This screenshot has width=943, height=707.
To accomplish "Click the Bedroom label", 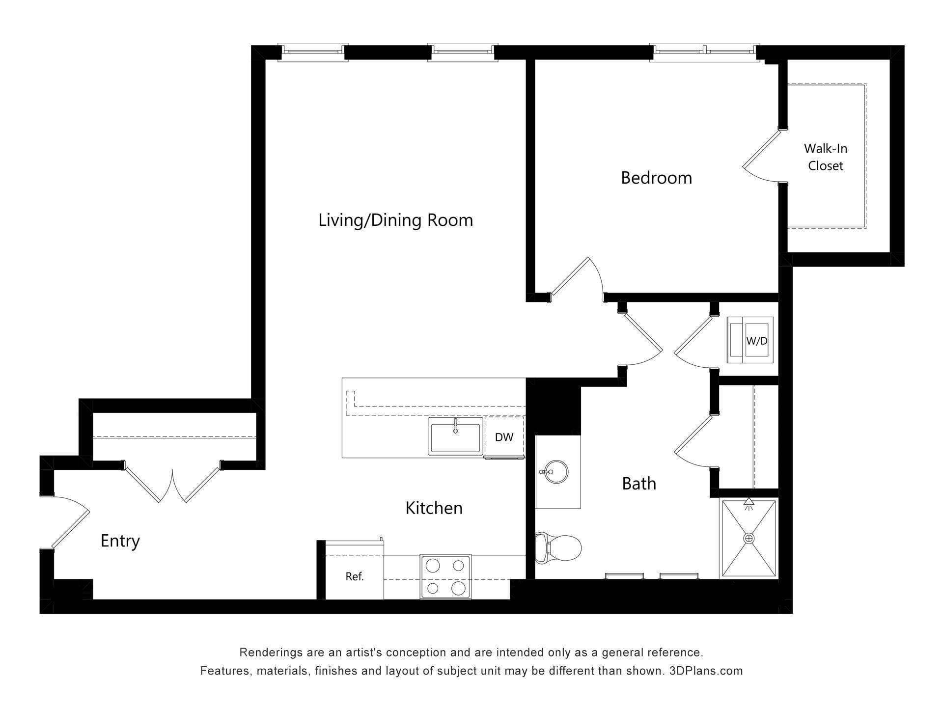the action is coord(656,178).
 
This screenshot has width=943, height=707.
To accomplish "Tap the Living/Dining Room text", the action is coord(395,220).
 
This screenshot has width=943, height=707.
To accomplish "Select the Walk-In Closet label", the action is coord(826,157).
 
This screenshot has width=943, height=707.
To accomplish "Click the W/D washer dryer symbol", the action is coord(750,340).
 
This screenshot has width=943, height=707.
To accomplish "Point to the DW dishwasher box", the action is coord(504,437).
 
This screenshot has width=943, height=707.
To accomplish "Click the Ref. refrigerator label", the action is coord(355,576).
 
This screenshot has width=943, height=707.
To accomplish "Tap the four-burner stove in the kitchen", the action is coord(445,577).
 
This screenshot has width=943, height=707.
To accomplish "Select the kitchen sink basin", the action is coord(455,437).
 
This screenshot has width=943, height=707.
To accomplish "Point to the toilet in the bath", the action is coord(558,547).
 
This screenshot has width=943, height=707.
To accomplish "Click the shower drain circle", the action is coord(749,539).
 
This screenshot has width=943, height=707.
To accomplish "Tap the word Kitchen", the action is coord(434,508).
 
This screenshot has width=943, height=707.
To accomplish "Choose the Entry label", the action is coord(120,541).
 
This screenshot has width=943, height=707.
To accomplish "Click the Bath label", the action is coord(639,484).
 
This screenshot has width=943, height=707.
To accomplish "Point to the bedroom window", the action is coord(705,53).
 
